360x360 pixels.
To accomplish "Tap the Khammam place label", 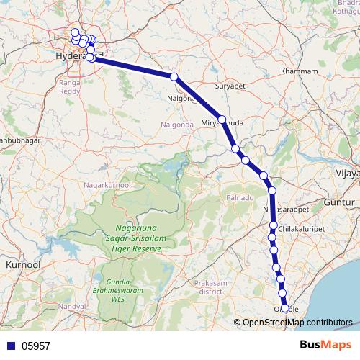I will pos(301,71).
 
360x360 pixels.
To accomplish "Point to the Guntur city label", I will pos(341,204).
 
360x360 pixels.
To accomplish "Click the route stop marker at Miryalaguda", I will pos(222,120).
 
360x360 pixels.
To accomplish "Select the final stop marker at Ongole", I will pos(284,308).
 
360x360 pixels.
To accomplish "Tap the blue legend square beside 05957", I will pos(10,346).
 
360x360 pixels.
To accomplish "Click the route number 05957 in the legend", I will pos(35,346).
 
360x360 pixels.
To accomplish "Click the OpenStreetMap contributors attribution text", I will pos(297,322).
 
